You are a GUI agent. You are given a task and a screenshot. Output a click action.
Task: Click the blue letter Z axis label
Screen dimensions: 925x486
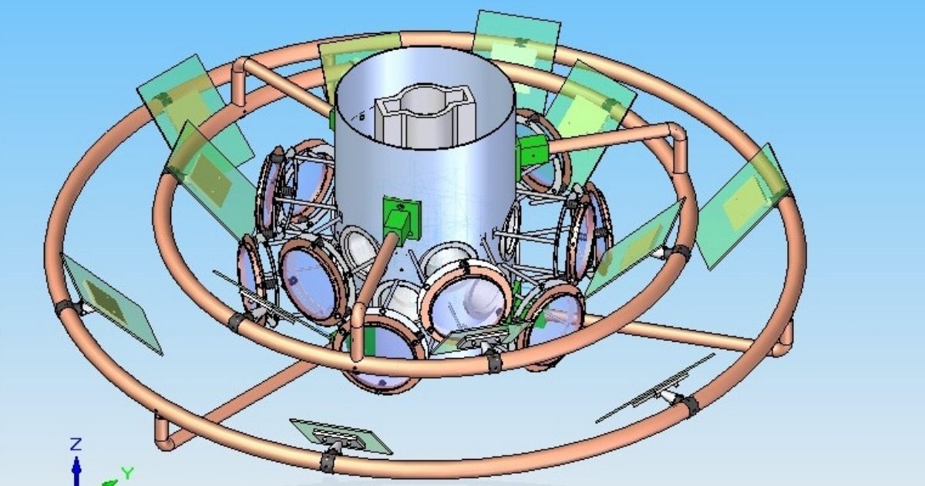(76, 444)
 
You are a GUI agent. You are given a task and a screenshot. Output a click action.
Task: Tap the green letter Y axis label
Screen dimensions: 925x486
(128, 472)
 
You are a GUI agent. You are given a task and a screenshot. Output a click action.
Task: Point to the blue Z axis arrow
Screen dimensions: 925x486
(76, 471)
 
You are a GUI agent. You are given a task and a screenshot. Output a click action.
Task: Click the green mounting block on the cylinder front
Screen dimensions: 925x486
(402, 221)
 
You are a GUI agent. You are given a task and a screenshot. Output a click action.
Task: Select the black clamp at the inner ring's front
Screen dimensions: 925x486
(494, 362)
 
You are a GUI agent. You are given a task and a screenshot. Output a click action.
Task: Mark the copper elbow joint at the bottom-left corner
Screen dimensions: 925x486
(164, 434)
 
